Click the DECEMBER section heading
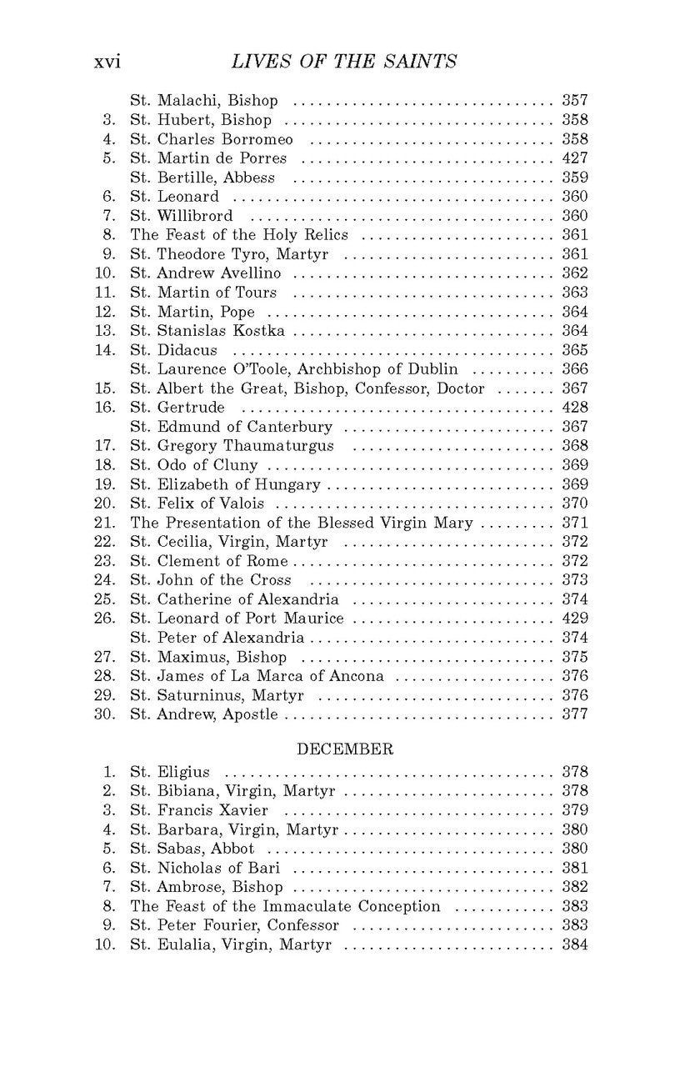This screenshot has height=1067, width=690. [344, 749]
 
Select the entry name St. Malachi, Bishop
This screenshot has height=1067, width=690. [204, 101]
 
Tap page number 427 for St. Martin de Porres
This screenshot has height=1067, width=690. [575, 158]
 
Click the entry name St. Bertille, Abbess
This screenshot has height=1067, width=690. [202, 178]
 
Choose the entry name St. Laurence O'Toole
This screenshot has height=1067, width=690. [294, 369]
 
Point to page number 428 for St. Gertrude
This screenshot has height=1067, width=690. [575, 408]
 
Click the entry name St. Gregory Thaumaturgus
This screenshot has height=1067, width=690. [232, 446]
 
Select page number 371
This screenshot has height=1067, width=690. [575, 523]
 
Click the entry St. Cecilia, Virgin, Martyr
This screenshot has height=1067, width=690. [229, 543]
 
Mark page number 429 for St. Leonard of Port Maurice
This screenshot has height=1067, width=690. [575, 619]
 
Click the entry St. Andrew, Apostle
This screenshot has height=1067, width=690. [204, 714]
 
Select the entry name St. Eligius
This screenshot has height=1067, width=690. [170, 772]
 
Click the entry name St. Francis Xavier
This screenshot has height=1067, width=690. [199, 810]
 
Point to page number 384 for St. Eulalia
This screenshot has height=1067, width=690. [575, 944]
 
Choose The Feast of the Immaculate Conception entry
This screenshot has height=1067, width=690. [285, 906]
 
